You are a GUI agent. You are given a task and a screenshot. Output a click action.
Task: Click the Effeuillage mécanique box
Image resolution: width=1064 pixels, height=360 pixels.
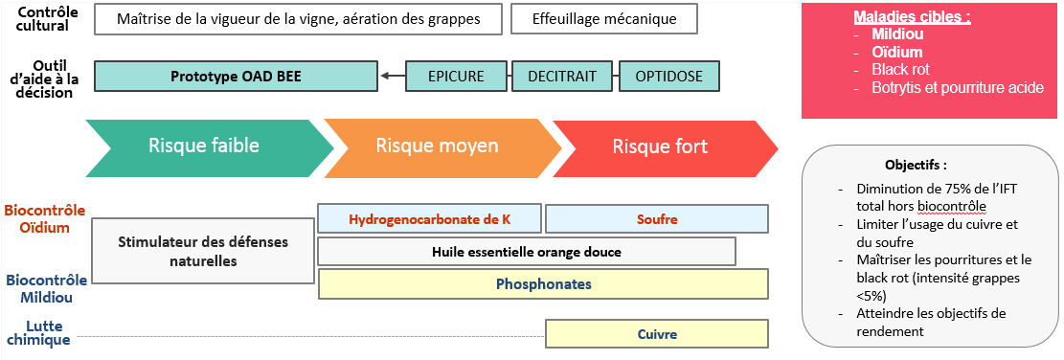[603, 19]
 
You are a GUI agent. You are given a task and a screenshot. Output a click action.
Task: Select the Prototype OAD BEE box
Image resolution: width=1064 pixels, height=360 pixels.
[236, 76]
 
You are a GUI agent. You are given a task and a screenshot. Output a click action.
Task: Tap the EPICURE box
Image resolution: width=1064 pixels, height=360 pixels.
[456, 76]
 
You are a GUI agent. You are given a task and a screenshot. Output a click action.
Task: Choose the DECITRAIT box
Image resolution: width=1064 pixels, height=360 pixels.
[561, 76]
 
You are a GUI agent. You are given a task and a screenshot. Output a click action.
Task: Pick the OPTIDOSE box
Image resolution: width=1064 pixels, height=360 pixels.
[667, 76]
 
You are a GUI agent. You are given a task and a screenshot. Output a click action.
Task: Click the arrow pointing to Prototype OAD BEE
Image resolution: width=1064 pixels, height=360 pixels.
[391, 76]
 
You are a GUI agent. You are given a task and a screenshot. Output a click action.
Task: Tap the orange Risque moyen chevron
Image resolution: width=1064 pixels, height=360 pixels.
[437, 146]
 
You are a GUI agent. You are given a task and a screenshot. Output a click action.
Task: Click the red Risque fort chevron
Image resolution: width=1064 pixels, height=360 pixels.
[661, 146]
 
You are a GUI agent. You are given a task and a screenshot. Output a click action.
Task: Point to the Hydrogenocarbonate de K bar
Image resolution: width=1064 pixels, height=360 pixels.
[429, 219]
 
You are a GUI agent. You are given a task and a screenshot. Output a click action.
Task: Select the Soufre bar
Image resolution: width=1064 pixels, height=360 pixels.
[657, 219]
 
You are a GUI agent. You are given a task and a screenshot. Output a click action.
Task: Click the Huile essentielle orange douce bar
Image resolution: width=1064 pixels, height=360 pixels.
[526, 252]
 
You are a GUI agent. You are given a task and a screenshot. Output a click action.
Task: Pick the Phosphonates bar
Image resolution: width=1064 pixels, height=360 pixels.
[543, 284]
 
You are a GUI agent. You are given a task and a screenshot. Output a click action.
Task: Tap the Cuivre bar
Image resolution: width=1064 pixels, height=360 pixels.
[657, 334]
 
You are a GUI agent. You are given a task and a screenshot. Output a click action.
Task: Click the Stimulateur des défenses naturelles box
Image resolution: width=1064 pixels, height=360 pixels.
[203, 251]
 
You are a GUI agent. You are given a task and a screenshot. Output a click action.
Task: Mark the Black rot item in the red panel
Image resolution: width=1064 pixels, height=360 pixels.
[899, 70]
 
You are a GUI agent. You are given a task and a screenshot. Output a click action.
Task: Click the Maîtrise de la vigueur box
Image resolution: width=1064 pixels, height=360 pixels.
[300, 19]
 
